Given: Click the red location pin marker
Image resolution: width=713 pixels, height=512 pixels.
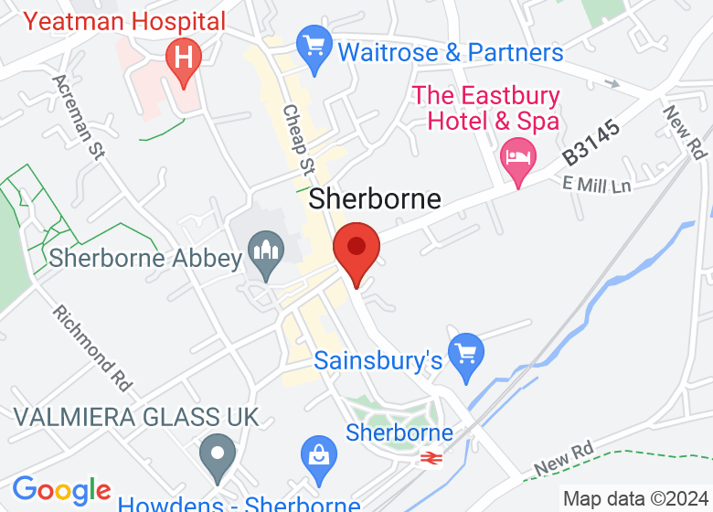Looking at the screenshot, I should tap(356, 249).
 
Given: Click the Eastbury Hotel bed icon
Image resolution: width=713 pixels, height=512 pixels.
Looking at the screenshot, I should tap(519, 157).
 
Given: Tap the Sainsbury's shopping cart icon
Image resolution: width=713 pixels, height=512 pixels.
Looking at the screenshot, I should tap(466, 351).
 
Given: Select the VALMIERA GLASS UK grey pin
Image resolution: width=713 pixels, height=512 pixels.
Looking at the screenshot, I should tap(218, 453).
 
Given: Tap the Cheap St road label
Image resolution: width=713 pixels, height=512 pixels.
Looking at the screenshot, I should tap(299, 137).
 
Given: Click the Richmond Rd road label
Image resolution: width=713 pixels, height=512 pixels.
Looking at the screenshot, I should tap(91, 344).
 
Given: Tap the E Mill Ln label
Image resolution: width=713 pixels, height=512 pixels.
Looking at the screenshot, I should tap(598, 187).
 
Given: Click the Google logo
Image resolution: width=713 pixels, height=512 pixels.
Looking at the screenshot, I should tap(61, 491).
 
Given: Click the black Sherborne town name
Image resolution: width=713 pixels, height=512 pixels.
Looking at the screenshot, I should tap(375, 198).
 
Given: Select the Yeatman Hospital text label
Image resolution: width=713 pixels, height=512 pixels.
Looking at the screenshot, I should tap(124, 20).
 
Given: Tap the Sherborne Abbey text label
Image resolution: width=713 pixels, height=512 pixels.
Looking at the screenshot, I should tap(145, 258).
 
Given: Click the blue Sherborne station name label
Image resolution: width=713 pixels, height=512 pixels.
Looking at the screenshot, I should tap(399, 432).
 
